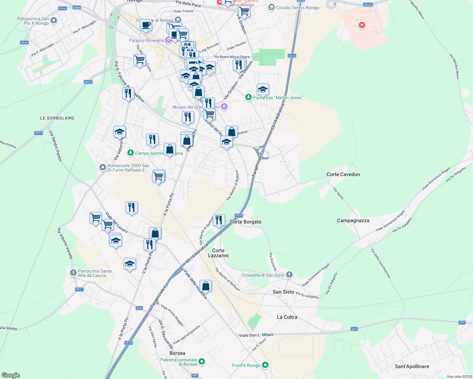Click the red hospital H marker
click(362, 25)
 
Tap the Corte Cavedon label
click(343, 174)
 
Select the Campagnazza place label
click(353, 220)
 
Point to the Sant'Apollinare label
click(412, 366)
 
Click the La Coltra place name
click(287, 317)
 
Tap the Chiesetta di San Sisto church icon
click(289, 275)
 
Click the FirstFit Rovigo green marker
click(265, 365)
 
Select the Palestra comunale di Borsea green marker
click(202, 361)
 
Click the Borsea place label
click(177, 353)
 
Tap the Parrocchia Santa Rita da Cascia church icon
click(73, 273)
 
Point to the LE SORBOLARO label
click(57, 118)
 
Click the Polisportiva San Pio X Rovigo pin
click(54, 21)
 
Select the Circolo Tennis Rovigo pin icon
click(271, 7)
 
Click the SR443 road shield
click(368, 5)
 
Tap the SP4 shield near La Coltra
click(354, 329)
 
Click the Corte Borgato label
click(245, 222)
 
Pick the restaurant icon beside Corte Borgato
click(219, 220)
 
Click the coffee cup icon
click(146, 25)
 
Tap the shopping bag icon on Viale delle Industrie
click(206, 286)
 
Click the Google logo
click(10, 375)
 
